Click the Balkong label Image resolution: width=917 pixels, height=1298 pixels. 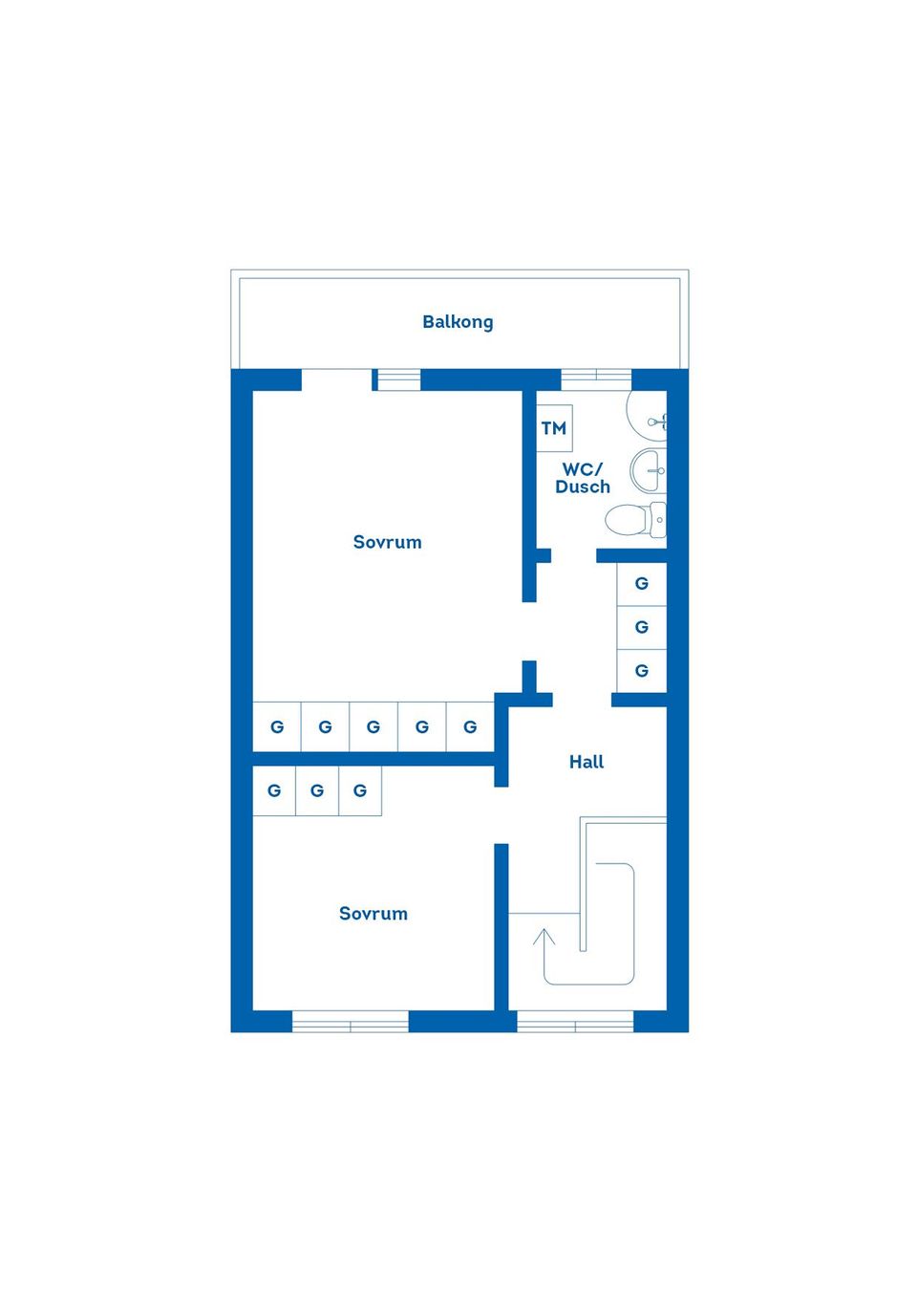[x=458, y=322]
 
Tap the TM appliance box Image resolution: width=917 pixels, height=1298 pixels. [x=554, y=427]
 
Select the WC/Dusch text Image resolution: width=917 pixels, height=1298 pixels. [x=583, y=478]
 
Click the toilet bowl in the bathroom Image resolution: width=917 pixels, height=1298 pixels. [x=626, y=521]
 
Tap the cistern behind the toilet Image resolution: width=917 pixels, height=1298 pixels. [x=658, y=520]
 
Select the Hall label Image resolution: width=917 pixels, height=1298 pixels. [x=586, y=762]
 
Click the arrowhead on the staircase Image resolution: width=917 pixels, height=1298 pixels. [x=544, y=936]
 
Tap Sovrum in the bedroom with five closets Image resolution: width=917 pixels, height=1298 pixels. [x=387, y=542]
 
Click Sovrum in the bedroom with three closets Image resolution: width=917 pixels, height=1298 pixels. [x=373, y=914]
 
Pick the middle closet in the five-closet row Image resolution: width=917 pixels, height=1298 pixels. [x=373, y=727]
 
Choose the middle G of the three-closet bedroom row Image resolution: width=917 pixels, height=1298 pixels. [x=317, y=791]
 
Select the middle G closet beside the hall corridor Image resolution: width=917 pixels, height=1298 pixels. [x=642, y=627]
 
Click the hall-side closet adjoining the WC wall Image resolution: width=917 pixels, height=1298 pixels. [x=642, y=583]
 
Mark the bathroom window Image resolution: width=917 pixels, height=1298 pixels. [x=596, y=378]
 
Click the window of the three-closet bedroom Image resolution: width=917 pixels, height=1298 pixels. [x=351, y=1023]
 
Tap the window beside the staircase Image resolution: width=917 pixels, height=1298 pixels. [x=575, y=1023]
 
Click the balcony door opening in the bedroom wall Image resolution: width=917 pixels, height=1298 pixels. [x=336, y=379]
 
